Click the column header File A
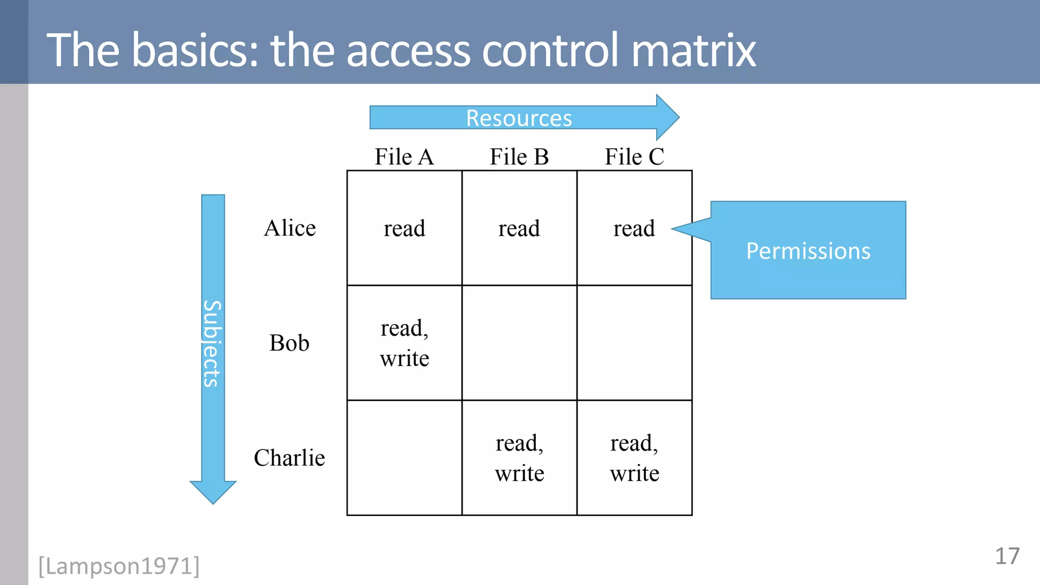pos(404,156)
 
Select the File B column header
pos(519,156)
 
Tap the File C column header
pos(634,156)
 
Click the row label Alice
pos(289,228)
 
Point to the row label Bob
pos(289,343)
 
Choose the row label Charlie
pos(289,458)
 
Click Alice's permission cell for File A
pos(404,228)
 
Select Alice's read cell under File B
pos(519,228)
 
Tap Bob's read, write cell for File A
pos(404,343)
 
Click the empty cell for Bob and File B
pos(519,343)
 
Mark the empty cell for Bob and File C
pos(634,343)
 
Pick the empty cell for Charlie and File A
pos(404,458)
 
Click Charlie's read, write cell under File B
pos(519,458)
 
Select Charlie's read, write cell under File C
pos(634,458)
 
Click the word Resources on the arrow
pos(519,118)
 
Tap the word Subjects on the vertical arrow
pos(212,344)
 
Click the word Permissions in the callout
pos(808,251)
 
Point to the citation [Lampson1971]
pos(119,566)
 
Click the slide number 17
pos(1006,556)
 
